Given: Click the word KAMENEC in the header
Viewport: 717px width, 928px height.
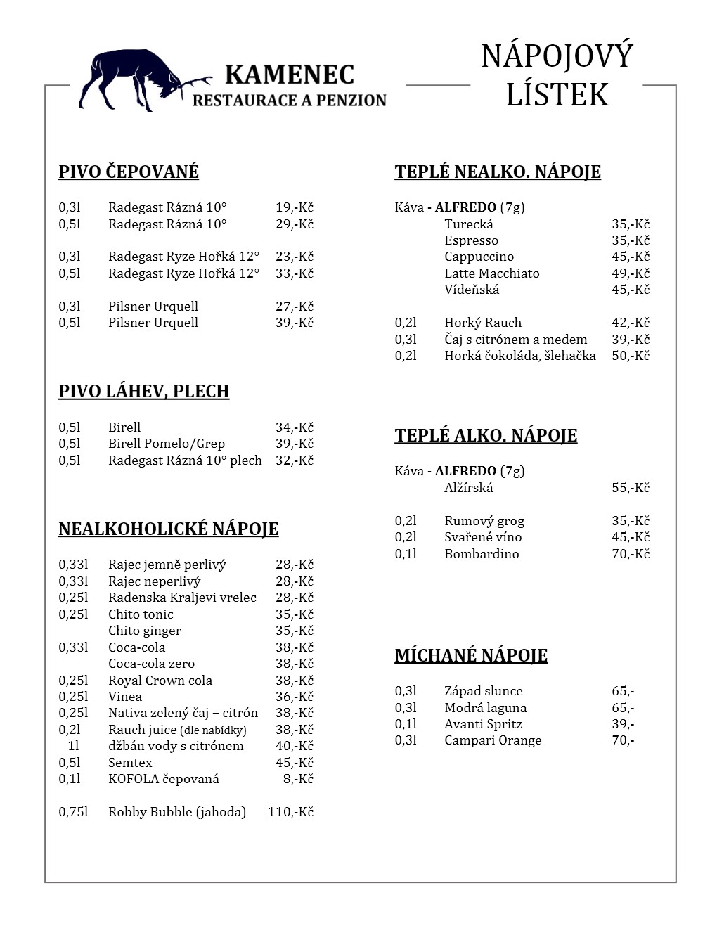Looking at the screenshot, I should click(x=289, y=75).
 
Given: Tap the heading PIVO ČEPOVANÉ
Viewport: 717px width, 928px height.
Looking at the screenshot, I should click(x=129, y=172).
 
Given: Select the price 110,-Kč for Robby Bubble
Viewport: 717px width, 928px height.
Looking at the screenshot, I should click(x=290, y=812).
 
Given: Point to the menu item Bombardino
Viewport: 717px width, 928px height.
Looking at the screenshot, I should click(x=482, y=554).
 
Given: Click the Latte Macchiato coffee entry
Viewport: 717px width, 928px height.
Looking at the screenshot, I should click(x=491, y=273).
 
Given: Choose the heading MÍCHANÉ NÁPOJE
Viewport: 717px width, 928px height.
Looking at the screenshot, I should click(x=470, y=656).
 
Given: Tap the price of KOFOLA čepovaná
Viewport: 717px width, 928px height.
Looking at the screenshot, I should click(x=297, y=779).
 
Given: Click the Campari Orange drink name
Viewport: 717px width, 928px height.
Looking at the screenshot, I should click(x=493, y=740).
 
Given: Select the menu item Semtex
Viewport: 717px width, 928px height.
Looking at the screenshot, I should click(x=130, y=763).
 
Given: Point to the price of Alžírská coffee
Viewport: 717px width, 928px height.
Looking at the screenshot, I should click(x=630, y=488).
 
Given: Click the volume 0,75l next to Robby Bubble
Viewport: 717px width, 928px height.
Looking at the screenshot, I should click(x=73, y=812).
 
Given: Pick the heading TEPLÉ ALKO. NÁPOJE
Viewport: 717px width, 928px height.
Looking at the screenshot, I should click(x=486, y=436).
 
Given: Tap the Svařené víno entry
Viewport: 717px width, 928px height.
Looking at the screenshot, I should click(x=483, y=537).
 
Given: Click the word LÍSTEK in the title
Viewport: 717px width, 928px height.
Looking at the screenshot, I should click(x=557, y=95).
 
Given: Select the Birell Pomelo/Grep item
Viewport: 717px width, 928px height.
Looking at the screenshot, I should click(x=166, y=444).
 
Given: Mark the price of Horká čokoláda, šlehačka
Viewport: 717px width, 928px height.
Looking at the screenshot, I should click(x=630, y=356).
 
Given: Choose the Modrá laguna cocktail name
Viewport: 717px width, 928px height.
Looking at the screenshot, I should click(x=485, y=708).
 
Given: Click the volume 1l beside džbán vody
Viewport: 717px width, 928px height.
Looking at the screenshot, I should click(x=73, y=746).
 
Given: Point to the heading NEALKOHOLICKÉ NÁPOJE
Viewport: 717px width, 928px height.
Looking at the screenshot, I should click(x=168, y=529).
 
